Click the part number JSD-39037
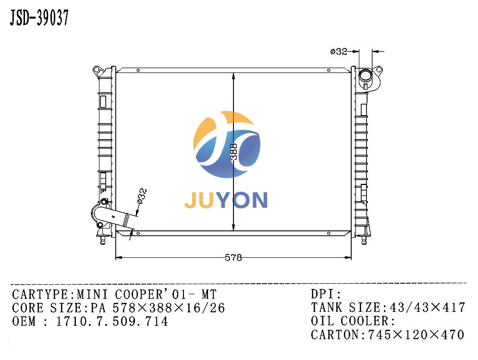(x=39, y=18)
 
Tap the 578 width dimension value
(x=233, y=258)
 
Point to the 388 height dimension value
(x=233, y=152)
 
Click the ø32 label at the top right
(x=338, y=51)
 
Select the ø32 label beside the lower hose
(x=142, y=196)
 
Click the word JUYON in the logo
(x=226, y=200)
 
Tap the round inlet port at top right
(x=365, y=74)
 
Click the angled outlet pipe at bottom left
(x=114, y=216)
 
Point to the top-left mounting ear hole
(x=97, y=70)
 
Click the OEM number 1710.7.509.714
(x=112, y=321)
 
